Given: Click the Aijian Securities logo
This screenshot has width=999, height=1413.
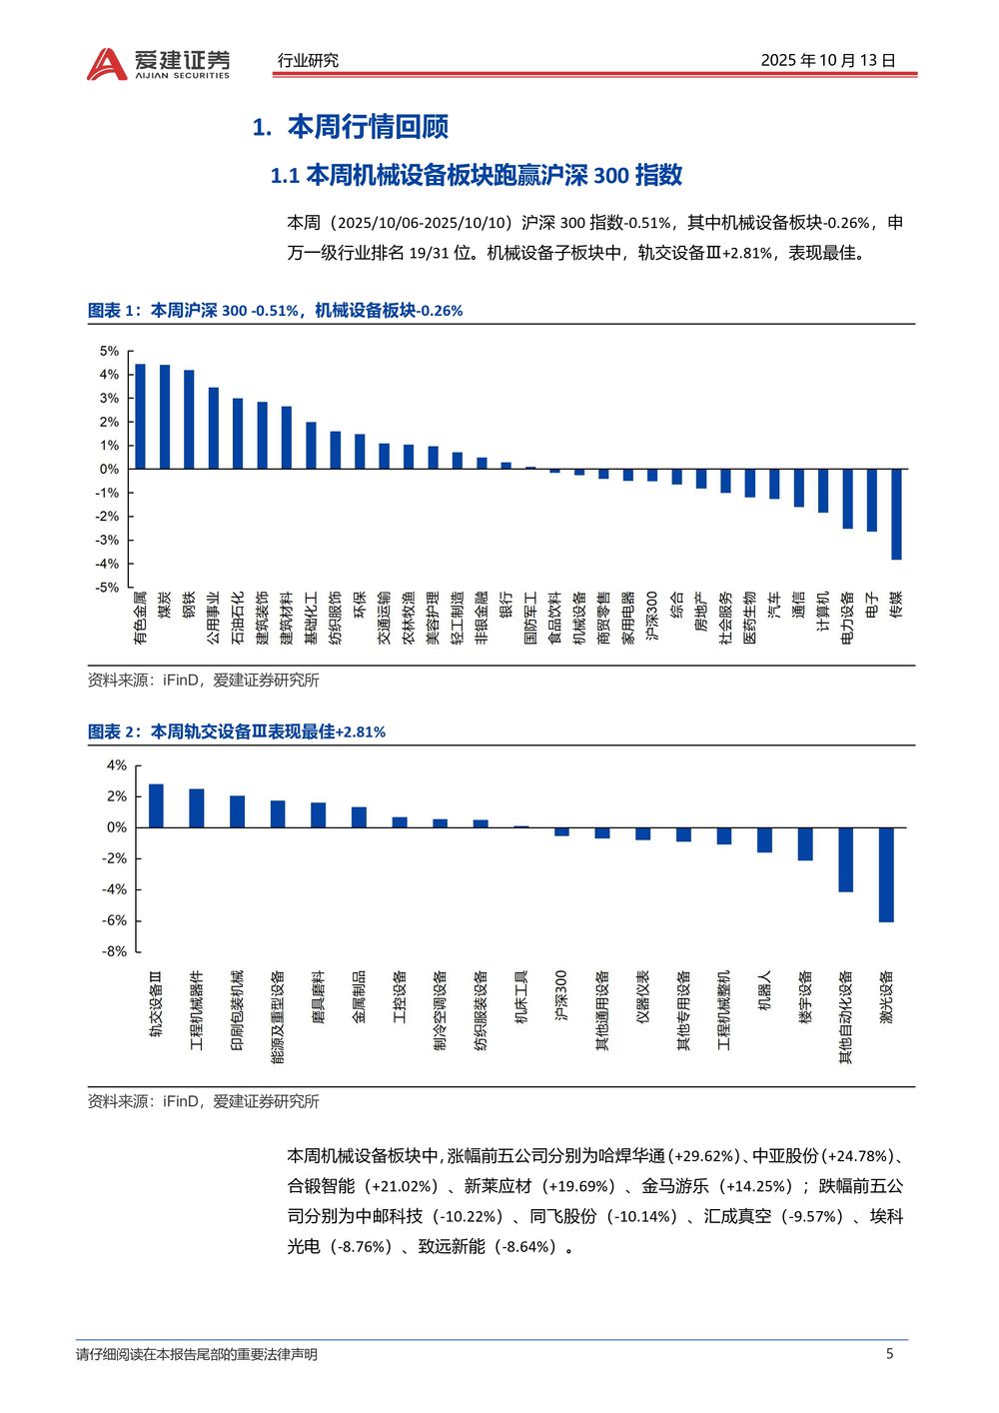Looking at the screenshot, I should click(x=158, y=63).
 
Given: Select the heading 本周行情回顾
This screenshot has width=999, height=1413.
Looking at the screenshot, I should click(x=367, y=127).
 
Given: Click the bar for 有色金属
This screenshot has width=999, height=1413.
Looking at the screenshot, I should click(x=140, y=417).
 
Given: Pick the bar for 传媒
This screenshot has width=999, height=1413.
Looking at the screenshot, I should click(x=896, y=514).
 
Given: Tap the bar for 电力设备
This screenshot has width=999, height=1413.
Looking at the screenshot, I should click(x=847, y=499).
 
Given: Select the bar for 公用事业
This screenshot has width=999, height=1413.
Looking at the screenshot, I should click(x=213, y=428).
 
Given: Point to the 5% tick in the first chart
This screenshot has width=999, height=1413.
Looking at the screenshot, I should click(x=109, y=351).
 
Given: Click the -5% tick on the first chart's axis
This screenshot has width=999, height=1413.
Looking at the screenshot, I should click(x=107, y=588).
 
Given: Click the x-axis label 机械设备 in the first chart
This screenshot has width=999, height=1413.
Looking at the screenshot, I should click(x=579, y=617).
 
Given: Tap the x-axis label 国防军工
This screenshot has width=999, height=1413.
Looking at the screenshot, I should click(x=530, y=617).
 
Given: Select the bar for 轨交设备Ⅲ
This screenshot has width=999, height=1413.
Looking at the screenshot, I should click(x=156, y=805).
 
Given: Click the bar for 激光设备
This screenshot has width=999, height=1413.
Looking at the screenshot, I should click(x=886, y=874).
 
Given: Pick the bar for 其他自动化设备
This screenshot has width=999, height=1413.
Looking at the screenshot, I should click(x=845, y=859).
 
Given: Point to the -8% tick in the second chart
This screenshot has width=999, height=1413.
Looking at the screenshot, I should click(x=114, y=951).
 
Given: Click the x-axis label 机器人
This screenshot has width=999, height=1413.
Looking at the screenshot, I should click(x=764, y=989).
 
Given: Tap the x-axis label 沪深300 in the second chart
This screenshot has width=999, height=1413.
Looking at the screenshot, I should click(x=560, y=995).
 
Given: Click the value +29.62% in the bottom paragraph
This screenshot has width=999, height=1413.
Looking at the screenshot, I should click(x=704, y=1156).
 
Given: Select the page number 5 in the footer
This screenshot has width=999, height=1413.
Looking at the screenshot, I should click(x=889, y=1354).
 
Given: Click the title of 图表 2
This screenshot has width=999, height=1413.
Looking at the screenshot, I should click(x=237, y=731).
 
